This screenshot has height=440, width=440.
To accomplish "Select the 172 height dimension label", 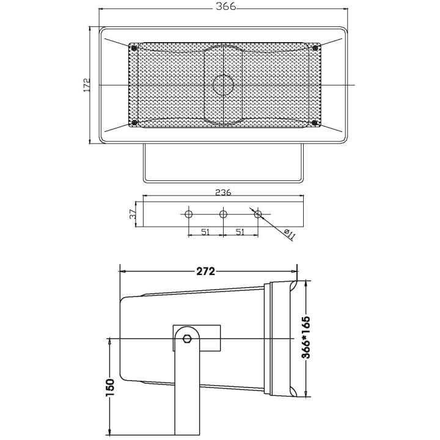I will tap(87, 84).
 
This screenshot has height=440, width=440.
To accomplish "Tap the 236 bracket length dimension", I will tap(223, 193).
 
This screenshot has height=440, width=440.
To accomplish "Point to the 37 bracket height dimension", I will tap(133, 213).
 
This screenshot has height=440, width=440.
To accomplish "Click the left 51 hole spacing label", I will tap(206, 232).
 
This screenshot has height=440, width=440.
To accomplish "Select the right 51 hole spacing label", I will tap(241, 232).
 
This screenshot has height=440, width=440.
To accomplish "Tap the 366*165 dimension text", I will tap(306, 338).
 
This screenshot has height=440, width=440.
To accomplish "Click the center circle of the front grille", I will tap(223, 84).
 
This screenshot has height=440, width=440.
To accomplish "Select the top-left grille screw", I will tap(133, 48).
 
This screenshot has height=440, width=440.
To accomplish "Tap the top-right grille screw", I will tap(315, 48).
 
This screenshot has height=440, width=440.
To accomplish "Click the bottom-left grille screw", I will tap(133, 123).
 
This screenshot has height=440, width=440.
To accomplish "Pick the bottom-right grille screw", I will tap(315, 123).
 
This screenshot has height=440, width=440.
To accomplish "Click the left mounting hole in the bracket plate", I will tap(189, 214).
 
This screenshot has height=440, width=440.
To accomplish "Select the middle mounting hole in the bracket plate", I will tap(224, 214).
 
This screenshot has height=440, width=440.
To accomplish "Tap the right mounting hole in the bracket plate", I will tap(258, 214).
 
